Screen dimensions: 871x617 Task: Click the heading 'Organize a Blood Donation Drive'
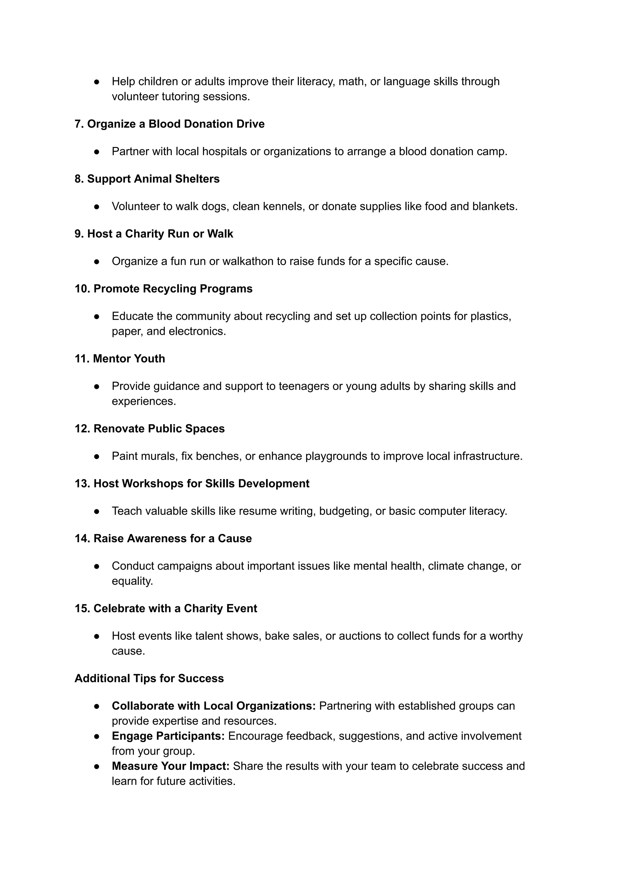tap(176, 124)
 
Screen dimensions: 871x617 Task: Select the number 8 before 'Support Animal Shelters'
tap(78, 179)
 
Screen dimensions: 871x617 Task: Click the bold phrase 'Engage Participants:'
tap(168, 736)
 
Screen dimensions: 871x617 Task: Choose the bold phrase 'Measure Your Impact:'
tap(170, 766)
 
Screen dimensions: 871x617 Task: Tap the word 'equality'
tap(131, 581)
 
